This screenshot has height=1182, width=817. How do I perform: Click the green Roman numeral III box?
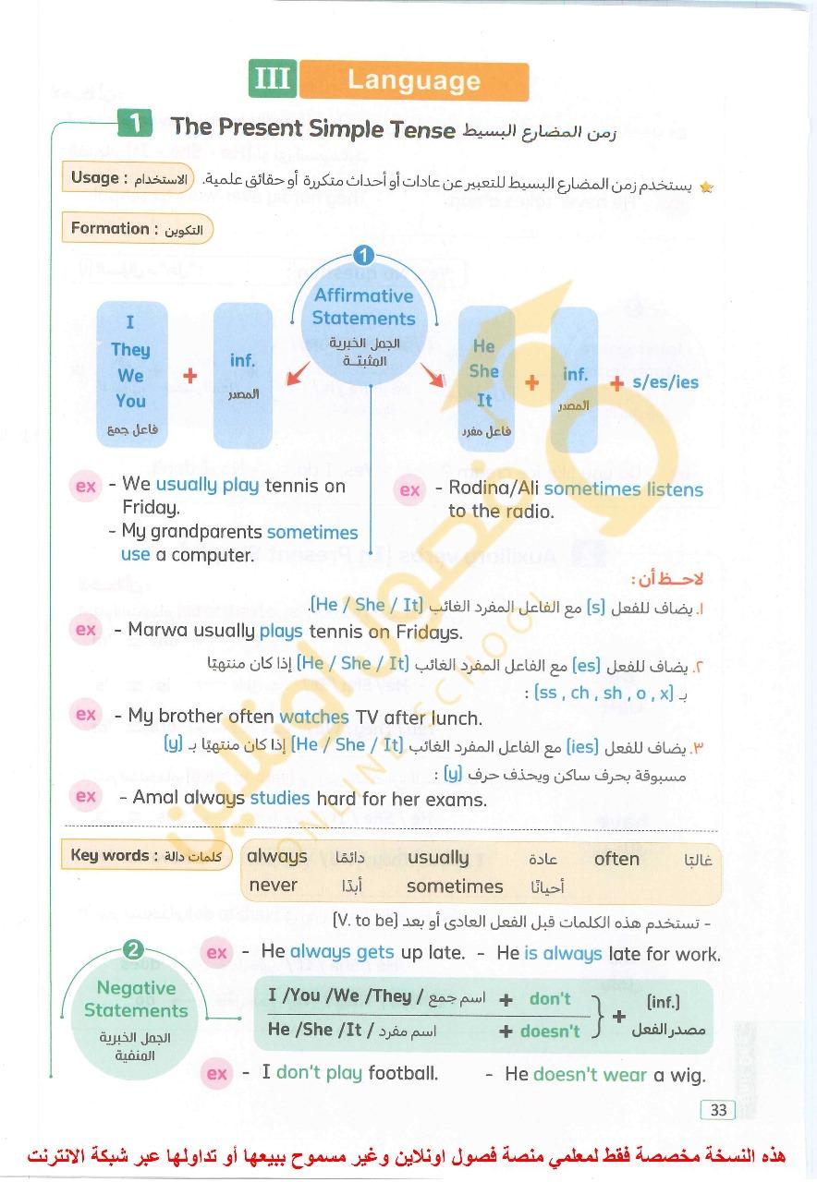[x=272, y=79]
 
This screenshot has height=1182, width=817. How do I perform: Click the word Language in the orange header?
[x=413, y=80]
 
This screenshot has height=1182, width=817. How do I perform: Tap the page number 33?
[x=716, y=1110]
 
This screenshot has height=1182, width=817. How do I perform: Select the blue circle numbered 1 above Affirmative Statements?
[x=363, y=256]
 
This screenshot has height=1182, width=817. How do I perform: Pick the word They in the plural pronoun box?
[x=130, y=349]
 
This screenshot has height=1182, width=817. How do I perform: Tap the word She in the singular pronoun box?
[x=484, y=371]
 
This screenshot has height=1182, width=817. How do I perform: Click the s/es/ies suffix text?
[x=665, y=382]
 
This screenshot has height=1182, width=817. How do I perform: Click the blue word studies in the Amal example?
[x=280, y=798]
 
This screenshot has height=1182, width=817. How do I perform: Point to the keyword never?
[x=273, y=885]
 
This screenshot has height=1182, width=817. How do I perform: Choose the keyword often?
[x=616, y=859]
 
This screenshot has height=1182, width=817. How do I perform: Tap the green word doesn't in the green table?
[x=550, y=1031]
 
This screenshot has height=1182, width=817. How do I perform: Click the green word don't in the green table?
[x=550, y=998]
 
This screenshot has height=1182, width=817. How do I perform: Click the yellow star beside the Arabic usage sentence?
[x=707, y=187]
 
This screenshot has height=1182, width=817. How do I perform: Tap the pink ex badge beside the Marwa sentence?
[x=86, y=630]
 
